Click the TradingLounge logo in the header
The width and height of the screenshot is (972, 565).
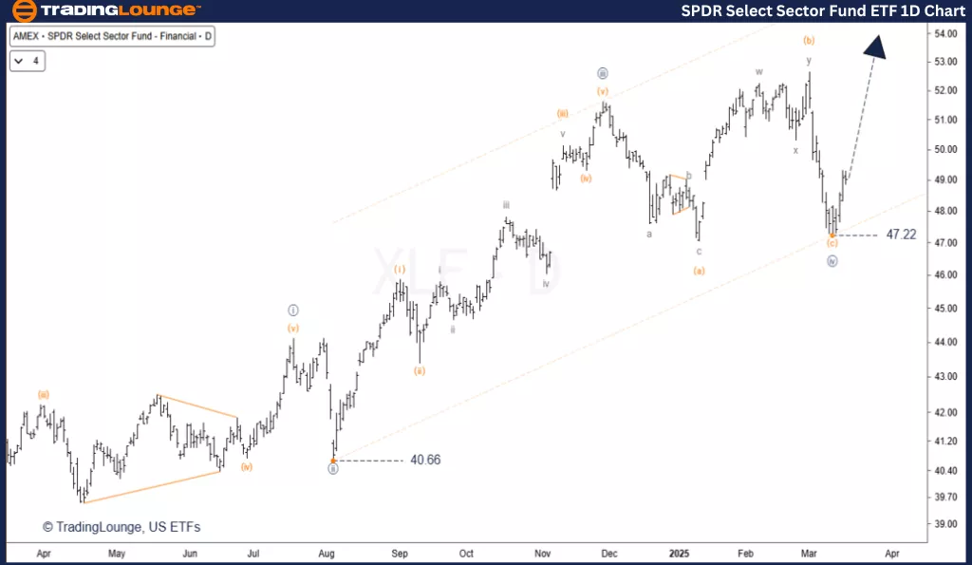pyautogui.click(x=106, y=11)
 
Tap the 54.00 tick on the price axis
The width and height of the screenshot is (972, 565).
pyautogui.click(x=944, y=34)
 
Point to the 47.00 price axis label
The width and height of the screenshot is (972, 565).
pyautogui.click(x=944, y=243)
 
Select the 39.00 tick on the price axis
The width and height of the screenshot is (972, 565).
pyautogui.click(x=944, y=524)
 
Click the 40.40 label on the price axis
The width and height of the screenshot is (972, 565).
pyautogui.click(x=944, y=471)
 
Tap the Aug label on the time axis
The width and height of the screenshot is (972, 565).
pyautogui.click(x=327, y=552)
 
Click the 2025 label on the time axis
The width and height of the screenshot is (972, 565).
pyautogui.click(x=679, y=552)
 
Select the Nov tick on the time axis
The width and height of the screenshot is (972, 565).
pyautogui.click(x=543, y=552)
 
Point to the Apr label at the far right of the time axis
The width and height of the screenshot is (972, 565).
pyautogui.click(x=891, y=552)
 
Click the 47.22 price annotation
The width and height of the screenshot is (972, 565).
pyautogui.click(x=900, y=235)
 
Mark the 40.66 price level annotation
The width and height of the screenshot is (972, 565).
pyautogui.click(x=425, y=461)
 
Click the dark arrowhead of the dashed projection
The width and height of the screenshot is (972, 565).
pyautogui.click(x=875, y=47)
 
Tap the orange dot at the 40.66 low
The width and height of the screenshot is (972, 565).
pyautogui.click(x=333, y=461)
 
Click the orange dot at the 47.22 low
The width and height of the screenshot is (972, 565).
pyautogui.click(x=832, y=235)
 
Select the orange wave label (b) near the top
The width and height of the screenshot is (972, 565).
pyautogui.click(x=809, y=40)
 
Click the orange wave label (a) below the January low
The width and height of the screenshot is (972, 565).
pyautogui.click(x=699, y=271)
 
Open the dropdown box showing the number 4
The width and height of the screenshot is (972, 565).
pyautogui.click(x=28, y=61)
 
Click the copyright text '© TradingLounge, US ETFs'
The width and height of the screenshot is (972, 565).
pyautogui.click(x=121, y=527)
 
